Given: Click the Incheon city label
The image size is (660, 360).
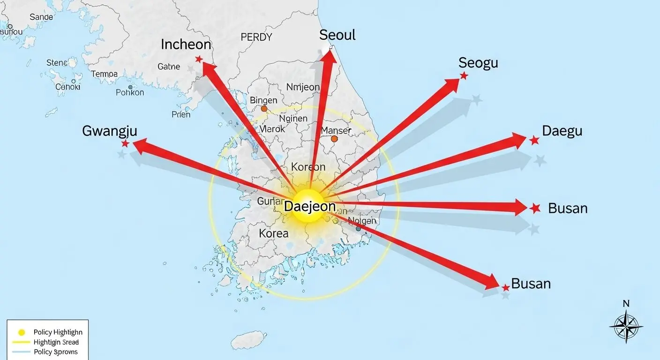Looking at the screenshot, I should pyautogui.click(x=186, y=45).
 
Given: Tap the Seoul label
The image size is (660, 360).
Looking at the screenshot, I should pyautogui.click(x=337, y=35).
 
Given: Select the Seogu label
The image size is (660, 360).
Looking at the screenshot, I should pyautogui.click(x=478, y=63).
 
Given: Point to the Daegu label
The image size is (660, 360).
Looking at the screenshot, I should pyautogui.click(x=562, y=131).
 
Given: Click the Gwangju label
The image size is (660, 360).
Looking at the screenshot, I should pyautogui.click(x=110, y=131).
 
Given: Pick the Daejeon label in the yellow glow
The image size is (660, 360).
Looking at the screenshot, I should pyautogui.click(x=310, y=206).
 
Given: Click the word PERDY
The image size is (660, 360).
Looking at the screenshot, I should pyautogui.click(x=256, y=37).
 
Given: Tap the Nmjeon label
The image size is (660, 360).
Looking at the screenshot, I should pyautogui.click(x=302, y=87).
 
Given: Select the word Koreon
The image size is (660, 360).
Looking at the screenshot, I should pyautogui.click(x=308, y=167).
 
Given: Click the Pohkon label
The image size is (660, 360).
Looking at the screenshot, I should pyautogui.click(x=130, y=92).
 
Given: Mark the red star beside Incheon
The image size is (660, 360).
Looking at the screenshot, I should pyautogui.click(x=199, y=59).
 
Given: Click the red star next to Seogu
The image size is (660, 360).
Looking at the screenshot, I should pyautogui.click(x=464, y=75).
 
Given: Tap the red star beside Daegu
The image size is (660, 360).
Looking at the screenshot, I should pyautogui.click(x=534, y=140).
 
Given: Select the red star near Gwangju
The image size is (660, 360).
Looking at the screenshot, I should pyautogui.click(x=125, y=143).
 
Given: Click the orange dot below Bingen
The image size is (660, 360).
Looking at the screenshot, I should pyautogui.click(x=264, y=109).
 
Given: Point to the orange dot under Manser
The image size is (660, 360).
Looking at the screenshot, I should pyautogui.click(x=334, y=139).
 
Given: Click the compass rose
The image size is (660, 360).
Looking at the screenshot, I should pyautogui.click(x=626, y=325).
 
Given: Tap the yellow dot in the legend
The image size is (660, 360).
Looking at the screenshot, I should pyautogui.click(x=21, y=332).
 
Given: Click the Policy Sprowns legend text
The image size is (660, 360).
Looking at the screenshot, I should pyautogui.click(x=56, y=352).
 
